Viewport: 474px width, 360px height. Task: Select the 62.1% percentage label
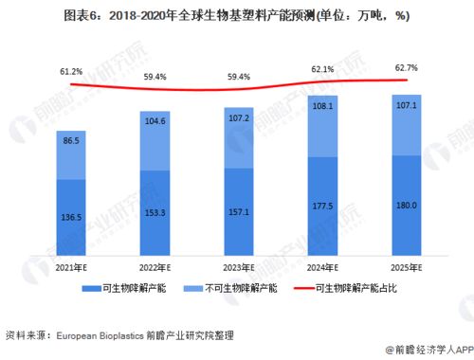click(x=323, y=69)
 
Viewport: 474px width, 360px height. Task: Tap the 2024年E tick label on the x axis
click(x=323, y=268)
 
